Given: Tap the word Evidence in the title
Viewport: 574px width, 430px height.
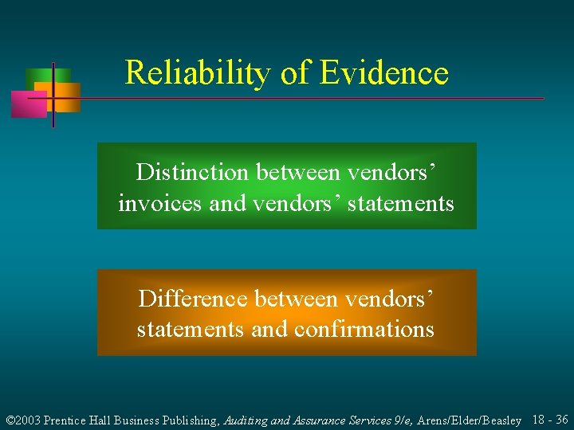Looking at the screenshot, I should tap(384, 73).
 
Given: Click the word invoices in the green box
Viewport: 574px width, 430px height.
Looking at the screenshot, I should tap(160, 203).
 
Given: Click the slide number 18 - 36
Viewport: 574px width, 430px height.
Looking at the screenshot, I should tap(549, 420).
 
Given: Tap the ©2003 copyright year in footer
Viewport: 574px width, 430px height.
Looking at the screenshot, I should tap(23, 420).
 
